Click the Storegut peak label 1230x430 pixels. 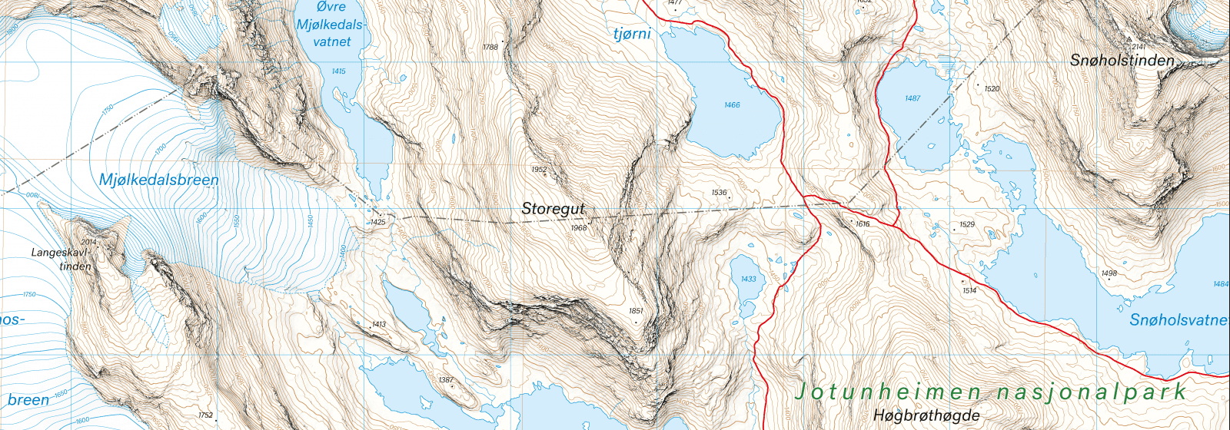(553, 208)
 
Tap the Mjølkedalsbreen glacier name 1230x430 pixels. (159, 180)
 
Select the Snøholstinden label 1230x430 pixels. (1122, 60)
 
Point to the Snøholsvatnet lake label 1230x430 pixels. (1178, 319)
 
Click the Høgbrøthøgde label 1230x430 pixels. (926, 415)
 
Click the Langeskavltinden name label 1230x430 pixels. (61, 259)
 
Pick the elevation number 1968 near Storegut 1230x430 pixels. (579, 228)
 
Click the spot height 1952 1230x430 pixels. (539, 170)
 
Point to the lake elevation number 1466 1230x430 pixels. (732, 104)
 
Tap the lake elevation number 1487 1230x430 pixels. (913, 98)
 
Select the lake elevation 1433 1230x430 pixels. (748, 279)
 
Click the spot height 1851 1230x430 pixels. (636, 311)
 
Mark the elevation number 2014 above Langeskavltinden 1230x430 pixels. (88, 242)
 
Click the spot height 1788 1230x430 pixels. (490, 48)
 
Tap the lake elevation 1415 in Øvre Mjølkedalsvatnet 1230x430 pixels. (338, 71)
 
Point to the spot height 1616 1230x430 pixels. (863, 224)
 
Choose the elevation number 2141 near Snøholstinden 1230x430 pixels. (1139, 47)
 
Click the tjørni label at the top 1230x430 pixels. (632, 34)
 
